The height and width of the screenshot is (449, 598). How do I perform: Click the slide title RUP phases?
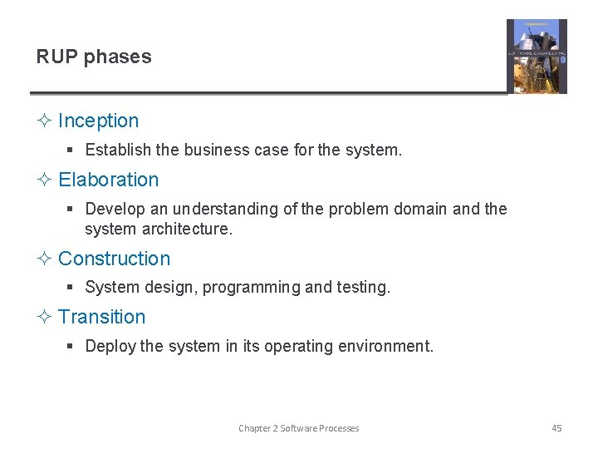[x=94, y=57]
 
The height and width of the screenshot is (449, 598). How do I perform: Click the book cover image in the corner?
[x=537, y=57]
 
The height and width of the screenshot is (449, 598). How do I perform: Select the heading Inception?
[x=98, y=121]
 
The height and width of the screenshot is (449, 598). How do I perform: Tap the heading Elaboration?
[x=108, y=180]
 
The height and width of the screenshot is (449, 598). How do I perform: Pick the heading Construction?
[x=114, y=259]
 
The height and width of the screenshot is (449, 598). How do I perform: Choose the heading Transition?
[x=101, y=317]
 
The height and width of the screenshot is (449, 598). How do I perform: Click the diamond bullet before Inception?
[x=44, y=121]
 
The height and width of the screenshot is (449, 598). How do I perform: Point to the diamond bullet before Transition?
[x=44, y=317]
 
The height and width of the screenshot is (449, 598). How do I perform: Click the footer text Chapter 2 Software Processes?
[x=299, y=428]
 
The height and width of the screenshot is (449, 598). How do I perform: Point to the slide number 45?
[x=556, y=428]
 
